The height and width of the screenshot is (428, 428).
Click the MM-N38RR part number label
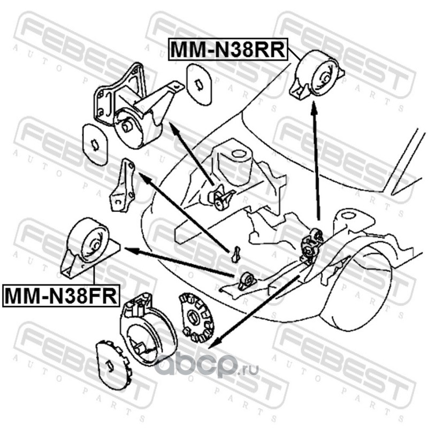(228, 49)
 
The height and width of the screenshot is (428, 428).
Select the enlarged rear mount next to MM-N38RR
(317, 74)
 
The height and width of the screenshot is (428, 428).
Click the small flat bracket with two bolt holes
(122, 186)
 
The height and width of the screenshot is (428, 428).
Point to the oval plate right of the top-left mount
(199, 85)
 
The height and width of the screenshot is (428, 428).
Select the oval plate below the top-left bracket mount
(95, 144)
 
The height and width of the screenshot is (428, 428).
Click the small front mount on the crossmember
(247, 281)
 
